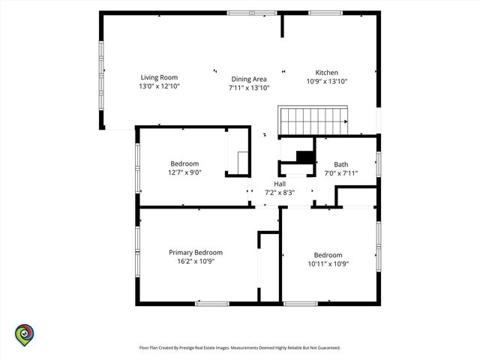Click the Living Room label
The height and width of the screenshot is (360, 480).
pos(159,77)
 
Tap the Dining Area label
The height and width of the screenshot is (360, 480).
pos(249,79)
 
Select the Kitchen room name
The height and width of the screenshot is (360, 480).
pos(327,73)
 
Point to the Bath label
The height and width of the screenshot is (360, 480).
pos(341,164)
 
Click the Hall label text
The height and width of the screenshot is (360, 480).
pos(280,184)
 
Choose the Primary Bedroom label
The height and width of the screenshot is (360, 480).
pos(196,253)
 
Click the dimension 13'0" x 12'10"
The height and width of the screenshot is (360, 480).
pos(159,86)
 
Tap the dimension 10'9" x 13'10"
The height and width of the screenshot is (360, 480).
pos(327,81)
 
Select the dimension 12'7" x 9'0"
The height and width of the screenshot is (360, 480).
pos(184,172)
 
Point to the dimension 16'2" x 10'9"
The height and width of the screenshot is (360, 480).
pos(196,261)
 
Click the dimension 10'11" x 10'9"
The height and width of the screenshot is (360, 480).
pos(328,263)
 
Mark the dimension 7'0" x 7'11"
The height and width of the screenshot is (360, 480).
pos(341,173)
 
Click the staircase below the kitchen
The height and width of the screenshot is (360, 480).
pos(313,120)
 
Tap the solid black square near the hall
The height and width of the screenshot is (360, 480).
pos(305,157)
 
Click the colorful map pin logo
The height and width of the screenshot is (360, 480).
pos(25,335)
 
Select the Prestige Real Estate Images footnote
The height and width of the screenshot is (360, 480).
pos(240,348)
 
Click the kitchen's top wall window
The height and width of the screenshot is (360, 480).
pos(325,13)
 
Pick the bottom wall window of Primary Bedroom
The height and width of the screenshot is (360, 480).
pos(212,304)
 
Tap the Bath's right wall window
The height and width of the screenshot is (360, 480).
pos(379,164)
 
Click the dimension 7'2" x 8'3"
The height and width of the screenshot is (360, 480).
pos(280,193)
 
